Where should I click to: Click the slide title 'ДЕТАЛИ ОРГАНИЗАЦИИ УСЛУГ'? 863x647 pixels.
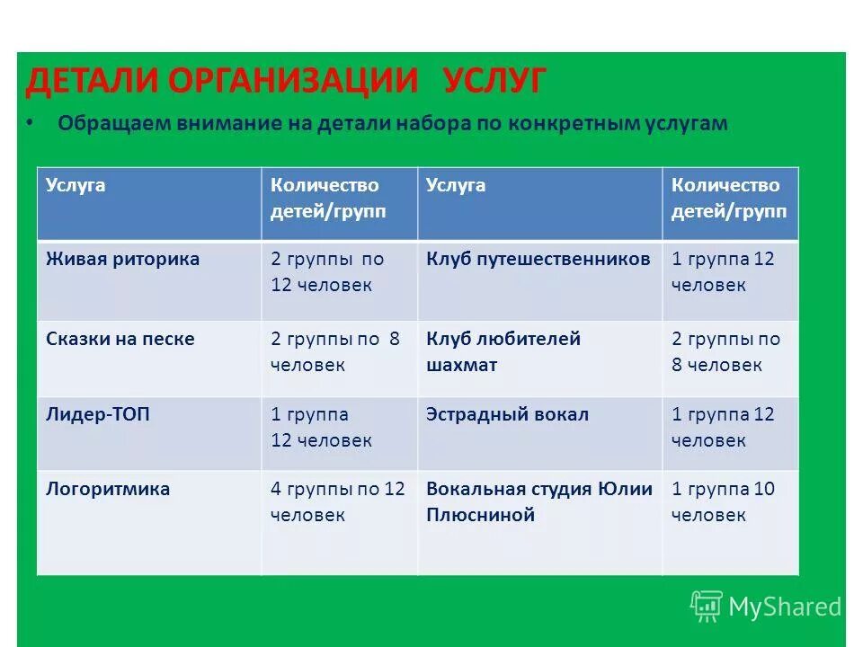285,82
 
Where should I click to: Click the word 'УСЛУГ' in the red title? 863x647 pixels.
494,82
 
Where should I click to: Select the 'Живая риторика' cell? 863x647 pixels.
122,260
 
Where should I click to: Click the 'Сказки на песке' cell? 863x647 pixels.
120,340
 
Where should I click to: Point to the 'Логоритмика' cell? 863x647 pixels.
108,490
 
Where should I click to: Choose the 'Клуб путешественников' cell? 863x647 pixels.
538,260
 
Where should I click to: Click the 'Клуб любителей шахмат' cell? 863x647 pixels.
503,352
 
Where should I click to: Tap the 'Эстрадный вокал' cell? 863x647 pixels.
507,415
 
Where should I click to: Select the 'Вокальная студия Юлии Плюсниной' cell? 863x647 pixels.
538,502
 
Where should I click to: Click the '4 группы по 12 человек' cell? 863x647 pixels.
338,502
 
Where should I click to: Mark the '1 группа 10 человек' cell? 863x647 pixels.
723,502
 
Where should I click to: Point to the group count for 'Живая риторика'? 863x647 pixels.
327,272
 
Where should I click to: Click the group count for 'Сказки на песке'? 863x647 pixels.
334,352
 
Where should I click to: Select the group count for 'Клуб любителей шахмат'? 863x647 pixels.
725,352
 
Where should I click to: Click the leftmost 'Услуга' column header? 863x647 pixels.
76,186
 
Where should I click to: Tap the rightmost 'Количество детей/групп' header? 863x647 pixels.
728,199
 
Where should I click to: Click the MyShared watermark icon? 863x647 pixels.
707,607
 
